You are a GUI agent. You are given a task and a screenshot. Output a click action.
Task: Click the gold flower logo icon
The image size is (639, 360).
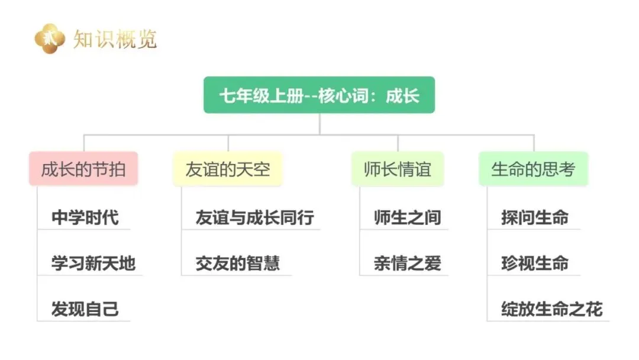[49, 38]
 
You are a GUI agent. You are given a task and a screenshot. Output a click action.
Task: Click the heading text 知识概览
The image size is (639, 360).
[115, 39]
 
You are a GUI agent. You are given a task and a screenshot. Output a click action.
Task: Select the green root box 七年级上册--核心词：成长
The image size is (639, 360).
[319, 95]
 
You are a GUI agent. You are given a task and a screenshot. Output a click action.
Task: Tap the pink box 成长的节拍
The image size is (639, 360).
[83, 169]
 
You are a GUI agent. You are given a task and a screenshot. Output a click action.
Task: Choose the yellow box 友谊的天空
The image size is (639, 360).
[228, 169]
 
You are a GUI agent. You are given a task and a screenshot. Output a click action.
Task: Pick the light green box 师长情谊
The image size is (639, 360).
[397, 169]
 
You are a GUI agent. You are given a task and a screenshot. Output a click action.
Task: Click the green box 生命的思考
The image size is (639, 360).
[533, 169]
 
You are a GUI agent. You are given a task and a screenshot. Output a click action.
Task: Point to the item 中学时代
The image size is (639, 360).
[85, 217]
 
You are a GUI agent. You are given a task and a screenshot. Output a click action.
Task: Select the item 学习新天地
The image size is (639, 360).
[93, 263]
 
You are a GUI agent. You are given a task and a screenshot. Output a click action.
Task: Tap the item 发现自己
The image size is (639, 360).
[85, 308]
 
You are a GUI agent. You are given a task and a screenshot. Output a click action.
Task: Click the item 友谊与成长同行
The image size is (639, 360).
[255, 217]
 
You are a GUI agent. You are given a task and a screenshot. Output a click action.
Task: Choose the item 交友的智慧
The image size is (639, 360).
[238, 263]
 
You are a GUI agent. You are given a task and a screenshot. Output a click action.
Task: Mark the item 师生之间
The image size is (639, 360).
[408, 217]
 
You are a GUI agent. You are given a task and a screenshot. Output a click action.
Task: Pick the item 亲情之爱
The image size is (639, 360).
[408, 263]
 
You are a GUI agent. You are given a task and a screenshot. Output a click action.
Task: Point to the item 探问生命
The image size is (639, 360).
[535, 217]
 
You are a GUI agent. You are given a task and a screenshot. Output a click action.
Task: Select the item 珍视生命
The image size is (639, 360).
[535, 263]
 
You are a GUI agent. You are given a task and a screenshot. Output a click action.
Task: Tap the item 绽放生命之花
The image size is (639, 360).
[551, 308]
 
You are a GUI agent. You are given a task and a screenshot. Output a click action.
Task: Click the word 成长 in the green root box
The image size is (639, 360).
[403, 95]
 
